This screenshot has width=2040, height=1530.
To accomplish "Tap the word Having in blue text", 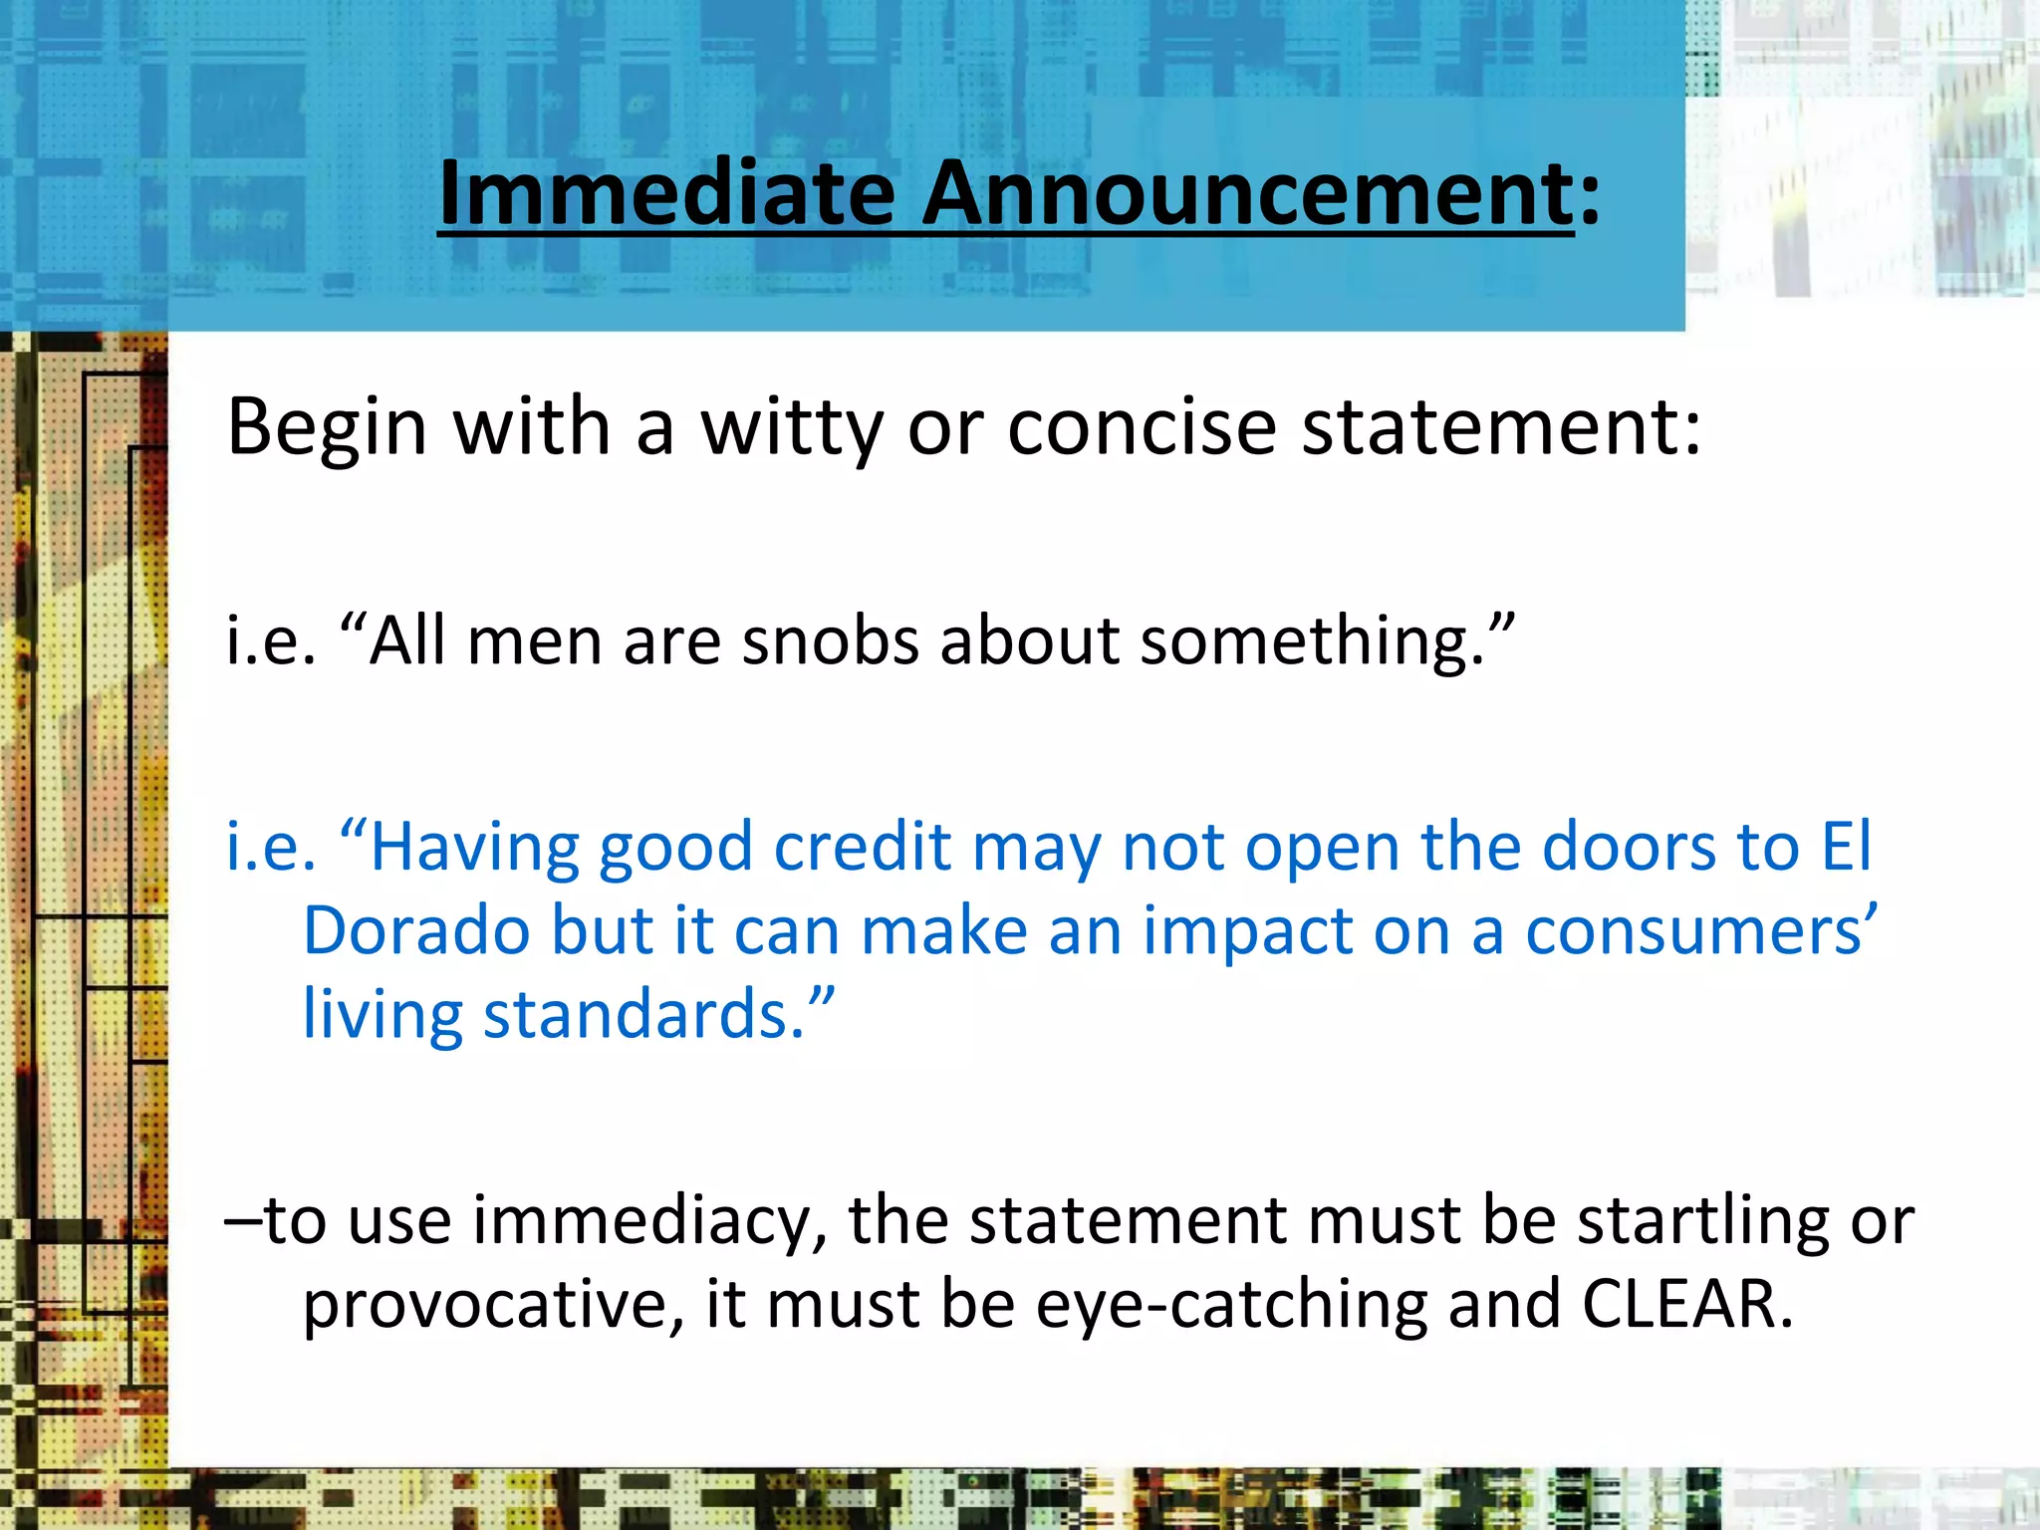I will (x=472, y=849).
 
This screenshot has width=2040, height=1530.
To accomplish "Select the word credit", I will (x=863, y=849).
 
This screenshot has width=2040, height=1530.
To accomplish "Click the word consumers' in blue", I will (x=1701, y=932).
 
